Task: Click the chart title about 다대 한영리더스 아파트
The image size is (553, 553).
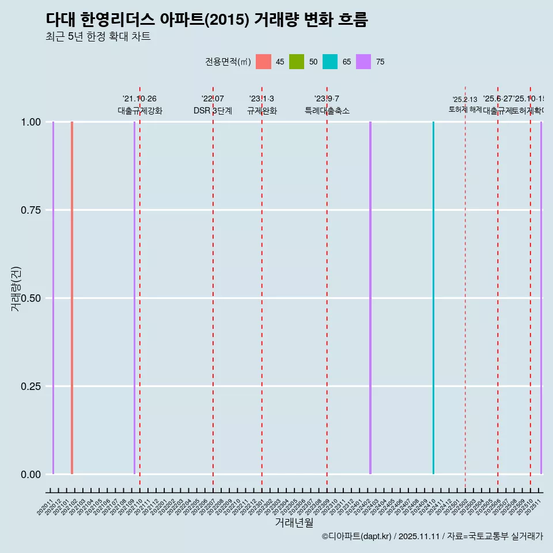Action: (206, 20)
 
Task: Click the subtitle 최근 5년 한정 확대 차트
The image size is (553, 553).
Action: (98, 37)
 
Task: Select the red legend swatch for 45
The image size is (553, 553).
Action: (263, 62)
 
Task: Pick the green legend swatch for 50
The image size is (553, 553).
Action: (297, 62)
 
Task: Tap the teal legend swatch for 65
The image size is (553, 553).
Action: (330, 62)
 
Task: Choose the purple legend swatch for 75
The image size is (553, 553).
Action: (363, 62)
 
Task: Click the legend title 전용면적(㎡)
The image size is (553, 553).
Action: (228, 62)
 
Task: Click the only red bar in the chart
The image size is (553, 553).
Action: (72, 298)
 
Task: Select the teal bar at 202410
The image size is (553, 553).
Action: (433, 298)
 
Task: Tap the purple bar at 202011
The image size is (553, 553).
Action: (53, 298)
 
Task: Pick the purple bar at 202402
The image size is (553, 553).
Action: (370, 298)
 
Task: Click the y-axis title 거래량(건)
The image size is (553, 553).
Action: (16, 289)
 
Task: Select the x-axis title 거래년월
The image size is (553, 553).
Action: (294, 522)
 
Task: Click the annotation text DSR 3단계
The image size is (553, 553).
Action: (213, 111)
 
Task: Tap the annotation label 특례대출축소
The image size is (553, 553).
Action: (327, 111)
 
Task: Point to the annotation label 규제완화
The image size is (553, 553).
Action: (262, 111)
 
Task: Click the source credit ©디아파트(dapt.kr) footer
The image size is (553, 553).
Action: (432, 536)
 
